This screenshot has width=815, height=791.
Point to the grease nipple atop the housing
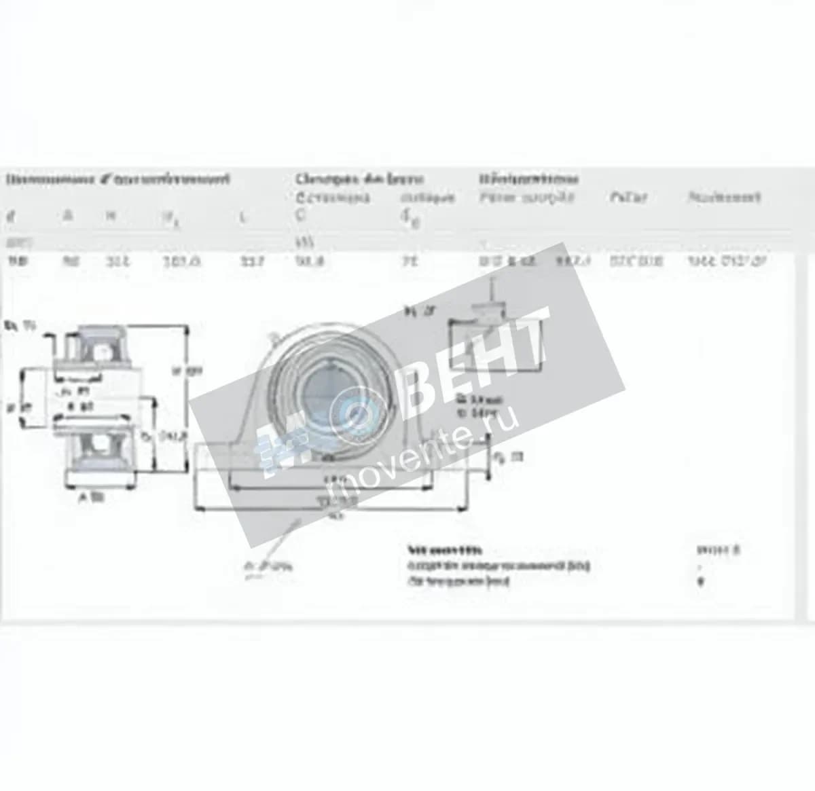tap(274, 337)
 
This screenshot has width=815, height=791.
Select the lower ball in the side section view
tap(100, 445)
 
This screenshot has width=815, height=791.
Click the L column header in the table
tap(242, 218)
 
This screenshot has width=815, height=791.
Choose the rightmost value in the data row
tap(727, 260)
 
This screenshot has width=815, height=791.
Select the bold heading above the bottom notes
tap(445, 550)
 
